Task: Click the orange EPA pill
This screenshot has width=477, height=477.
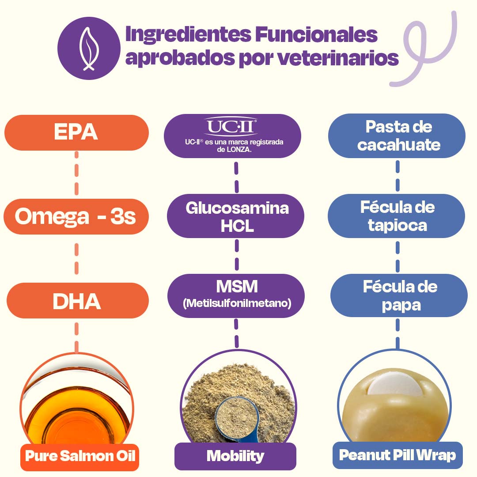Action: [76, 132]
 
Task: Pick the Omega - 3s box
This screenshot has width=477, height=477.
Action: [76, 217]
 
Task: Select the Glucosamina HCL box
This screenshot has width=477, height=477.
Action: [237, 216]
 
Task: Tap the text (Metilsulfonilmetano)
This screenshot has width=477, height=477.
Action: [237, 304]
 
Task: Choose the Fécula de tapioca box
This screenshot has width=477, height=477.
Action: [397, 216]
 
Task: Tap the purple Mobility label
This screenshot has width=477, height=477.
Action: [235, 456]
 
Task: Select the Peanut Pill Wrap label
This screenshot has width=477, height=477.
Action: [397, 455]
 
